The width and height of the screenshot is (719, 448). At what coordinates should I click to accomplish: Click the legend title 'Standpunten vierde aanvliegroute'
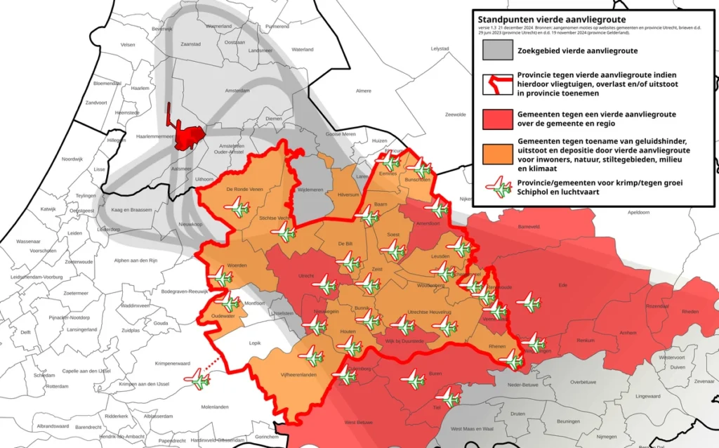click(x=551, y=19)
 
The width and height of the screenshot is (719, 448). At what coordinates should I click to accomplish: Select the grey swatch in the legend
click(x=497, y=51)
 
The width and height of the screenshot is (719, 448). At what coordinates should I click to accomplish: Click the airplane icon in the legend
click(x=497, y=187)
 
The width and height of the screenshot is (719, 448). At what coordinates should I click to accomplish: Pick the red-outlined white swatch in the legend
click(x=497, y=85)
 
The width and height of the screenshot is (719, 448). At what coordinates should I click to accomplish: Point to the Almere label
click(x=364, y=91)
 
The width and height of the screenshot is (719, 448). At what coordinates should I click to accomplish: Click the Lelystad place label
click(x=440, y=48)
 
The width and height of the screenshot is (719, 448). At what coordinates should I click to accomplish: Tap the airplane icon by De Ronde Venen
click(x=237, y=208)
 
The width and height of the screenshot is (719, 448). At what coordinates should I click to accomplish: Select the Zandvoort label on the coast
click(x=96, y=103)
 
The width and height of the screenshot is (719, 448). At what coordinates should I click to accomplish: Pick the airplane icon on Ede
click(x=528, y=303)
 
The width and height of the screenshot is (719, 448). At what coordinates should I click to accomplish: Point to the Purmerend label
click(x=277, y=26)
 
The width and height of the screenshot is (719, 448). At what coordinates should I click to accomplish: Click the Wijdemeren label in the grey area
click(x=310, y=190)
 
